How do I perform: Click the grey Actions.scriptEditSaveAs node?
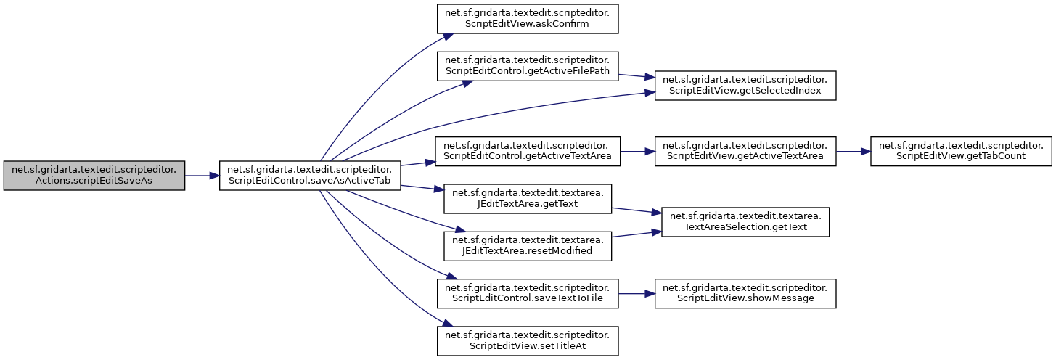click(94, 175)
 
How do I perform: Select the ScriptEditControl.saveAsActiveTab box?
click(310, 175)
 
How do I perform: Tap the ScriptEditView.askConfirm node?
click(527, 17)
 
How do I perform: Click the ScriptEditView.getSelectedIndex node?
click(745, 84)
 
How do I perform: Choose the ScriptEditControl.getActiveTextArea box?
click(527, 151)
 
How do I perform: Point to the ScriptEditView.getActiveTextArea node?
click(745, 151)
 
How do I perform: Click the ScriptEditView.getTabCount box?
click(961, 151)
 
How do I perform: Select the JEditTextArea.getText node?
click(527, 199)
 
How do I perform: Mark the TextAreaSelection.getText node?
click(745, 221)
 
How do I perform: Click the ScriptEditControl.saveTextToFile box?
click(527, 293)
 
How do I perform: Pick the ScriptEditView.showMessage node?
click(745, 293)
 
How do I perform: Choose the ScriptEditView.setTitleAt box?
click(527, 340)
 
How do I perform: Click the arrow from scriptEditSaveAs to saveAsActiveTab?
click(202, 175)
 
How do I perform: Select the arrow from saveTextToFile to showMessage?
click(636, 293)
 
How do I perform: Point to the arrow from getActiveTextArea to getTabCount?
click(853, 151)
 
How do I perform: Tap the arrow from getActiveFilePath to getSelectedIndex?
click(636, 75)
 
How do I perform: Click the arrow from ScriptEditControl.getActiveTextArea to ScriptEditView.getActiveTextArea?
click(636, 151)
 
